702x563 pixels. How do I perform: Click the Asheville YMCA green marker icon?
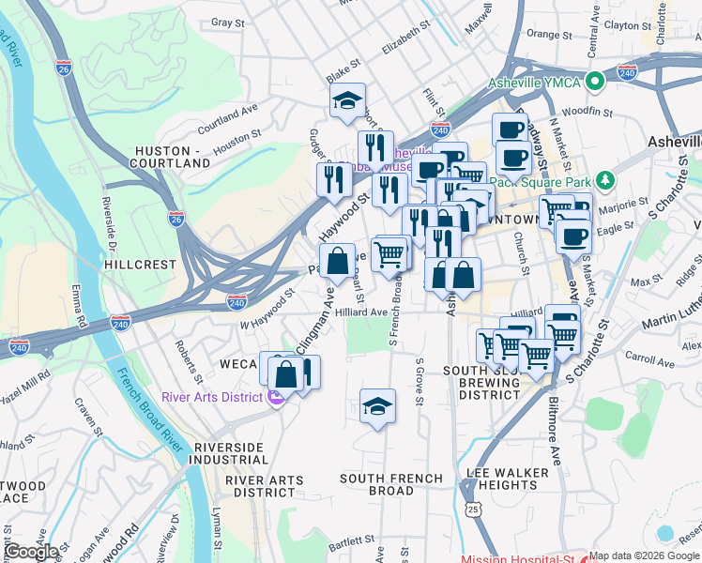[x=593, y=82]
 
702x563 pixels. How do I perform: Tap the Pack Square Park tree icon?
[x=606, y=179]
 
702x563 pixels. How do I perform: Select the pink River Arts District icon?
[x=275, y=397]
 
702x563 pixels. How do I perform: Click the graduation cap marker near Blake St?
[x=347, y=101]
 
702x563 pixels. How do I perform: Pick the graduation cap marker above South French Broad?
[x=377, y=406]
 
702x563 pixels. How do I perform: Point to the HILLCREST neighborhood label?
[x=140, y=266]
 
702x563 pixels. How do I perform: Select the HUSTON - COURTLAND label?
[x=173, y=157]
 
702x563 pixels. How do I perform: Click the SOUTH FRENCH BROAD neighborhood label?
[x=390, y=484]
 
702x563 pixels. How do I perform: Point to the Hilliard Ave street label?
[x=361, y=312]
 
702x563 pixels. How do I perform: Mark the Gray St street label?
[x=228, y=23]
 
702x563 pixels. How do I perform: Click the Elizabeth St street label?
[x=404, y=42]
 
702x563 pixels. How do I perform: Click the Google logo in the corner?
[x=31, y=552]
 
